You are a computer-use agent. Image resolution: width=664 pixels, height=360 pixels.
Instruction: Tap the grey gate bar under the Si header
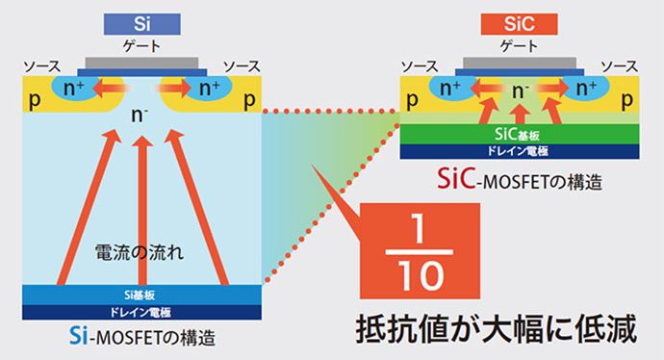coord(141,64)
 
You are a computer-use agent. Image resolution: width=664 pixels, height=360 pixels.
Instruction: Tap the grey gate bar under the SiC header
coord(520,64)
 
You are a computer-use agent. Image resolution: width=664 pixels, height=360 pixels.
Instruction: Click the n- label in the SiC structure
coord(521,92)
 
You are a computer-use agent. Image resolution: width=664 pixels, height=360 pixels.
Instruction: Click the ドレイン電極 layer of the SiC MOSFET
coord(520,151)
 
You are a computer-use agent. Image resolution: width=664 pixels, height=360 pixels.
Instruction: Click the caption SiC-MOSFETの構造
coord(521,178)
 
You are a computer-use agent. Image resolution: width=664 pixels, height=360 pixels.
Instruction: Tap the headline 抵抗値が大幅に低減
coord(497,329)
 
